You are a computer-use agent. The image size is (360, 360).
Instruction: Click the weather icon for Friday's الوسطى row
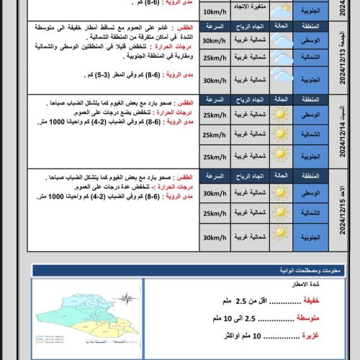click(282, 40)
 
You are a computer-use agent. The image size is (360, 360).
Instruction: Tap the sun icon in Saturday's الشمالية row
click(282, 135)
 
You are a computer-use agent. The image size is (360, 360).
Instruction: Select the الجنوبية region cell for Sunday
click(310, 238)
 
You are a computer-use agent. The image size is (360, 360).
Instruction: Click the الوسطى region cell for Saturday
click(310, 115)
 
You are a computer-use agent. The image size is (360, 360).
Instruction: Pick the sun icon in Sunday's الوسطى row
click(282, 193)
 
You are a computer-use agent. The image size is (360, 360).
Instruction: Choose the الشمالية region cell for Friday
click(310, 58)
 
